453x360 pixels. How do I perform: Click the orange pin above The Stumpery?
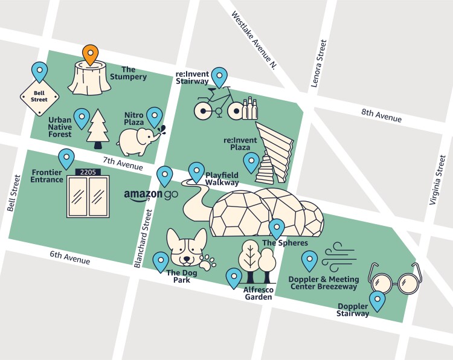(x=90, y=54)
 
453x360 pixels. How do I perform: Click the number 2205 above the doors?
(x=89, y=173)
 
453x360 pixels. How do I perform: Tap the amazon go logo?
(x=151, y=196)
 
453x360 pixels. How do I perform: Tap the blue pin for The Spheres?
(x=276, y=228)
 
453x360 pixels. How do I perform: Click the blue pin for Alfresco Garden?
(x=234, y=277)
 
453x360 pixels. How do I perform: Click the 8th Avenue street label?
(x=381, y=115)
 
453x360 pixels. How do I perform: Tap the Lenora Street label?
(x=319, y=64)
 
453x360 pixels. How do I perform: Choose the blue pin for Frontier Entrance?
(x=66, y=158)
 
